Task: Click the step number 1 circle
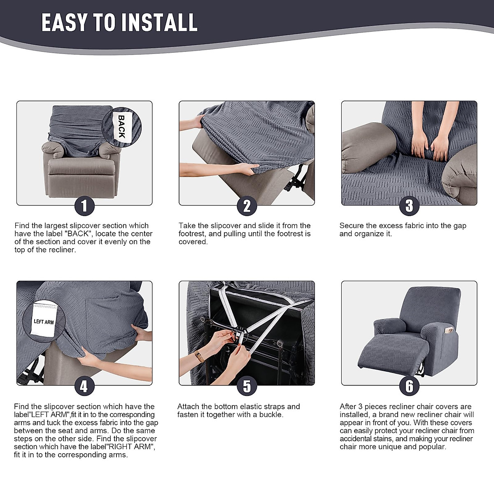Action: tap(84, 206)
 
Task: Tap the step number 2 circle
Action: tap(247, 206)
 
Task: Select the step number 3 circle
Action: tap(409, 206)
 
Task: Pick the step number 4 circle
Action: tap(84, 387)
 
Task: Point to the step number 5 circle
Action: tap(247, 387)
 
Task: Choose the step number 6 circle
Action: tap(409, 387)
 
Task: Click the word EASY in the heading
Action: tap(64, 23)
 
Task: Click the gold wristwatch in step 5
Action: tap(199, 356)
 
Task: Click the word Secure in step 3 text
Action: tap(352, 226)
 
